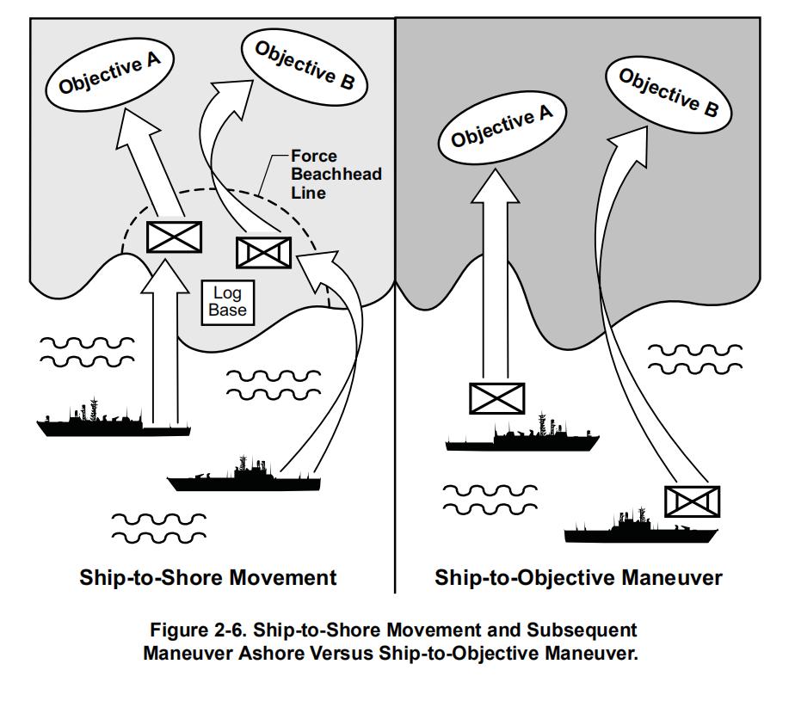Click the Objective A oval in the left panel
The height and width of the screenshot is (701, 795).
[113, 71]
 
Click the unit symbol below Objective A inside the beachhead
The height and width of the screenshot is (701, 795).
[175, 237]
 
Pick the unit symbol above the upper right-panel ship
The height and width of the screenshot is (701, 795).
[496, 398]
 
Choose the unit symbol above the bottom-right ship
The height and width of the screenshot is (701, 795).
[692, 501]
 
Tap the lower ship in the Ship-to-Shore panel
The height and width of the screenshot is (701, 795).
[243, 477]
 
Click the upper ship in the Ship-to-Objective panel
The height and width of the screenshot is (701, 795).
[521, 437]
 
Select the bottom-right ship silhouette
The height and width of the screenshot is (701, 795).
[641, 530]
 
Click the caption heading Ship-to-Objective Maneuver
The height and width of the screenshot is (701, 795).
[578, 577]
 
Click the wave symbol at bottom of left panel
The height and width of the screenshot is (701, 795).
[160, 527]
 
